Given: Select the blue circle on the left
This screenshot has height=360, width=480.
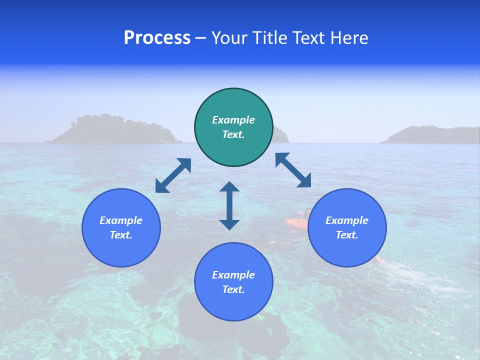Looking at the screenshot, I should coord(121,227).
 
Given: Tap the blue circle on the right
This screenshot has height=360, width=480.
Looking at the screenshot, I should coord(347,227).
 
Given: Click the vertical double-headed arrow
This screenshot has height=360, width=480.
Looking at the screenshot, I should coord(229,205).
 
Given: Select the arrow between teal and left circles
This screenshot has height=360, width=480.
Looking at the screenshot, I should coord(173,175).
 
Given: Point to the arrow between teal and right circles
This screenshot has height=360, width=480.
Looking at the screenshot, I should coord(293,170).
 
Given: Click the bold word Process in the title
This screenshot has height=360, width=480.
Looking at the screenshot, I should coord(157,38).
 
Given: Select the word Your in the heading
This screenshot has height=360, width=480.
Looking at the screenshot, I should coord(230,38).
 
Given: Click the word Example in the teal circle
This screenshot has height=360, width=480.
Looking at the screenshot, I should coord(233,120).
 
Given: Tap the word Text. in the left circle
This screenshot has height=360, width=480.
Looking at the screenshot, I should coord(121,235).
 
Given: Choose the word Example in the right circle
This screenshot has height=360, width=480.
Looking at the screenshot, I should coord(347,220).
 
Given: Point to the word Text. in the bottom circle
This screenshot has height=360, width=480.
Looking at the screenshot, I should coord(233,289).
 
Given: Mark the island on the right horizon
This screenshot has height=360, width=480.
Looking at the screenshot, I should coord(430,135).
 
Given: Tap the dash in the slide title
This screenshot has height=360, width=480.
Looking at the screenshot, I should coord(200,38).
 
